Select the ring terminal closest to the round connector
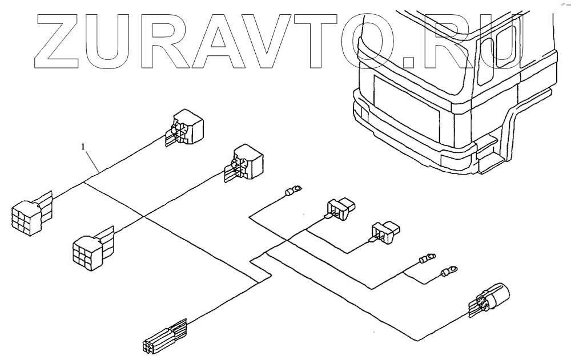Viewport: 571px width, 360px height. [x=452, y=268]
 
